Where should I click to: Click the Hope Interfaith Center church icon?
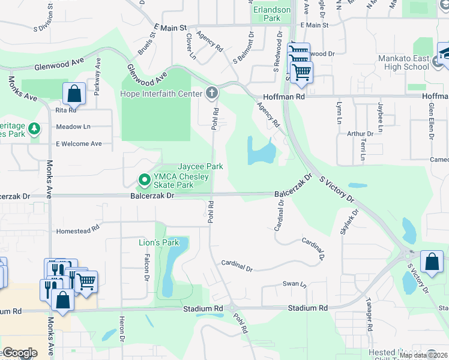(211, 92)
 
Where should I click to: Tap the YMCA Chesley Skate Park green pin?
(144, 179)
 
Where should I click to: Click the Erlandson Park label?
(272, 14)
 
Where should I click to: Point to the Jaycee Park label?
(200, 166)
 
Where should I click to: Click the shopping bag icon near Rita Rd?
(74, 93)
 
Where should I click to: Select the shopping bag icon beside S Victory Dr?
(432, 261)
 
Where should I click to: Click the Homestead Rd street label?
(77, 231)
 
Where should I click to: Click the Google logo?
(20, 353)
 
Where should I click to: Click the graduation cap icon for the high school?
(444, 52)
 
